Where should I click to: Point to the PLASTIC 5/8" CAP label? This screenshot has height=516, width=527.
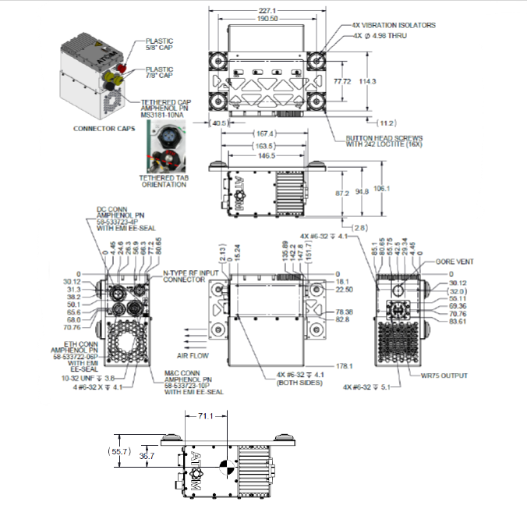pyautogui.click(x=159, y=45)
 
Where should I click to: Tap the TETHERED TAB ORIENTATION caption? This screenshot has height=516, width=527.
pyautogui.click(x=163, y=181)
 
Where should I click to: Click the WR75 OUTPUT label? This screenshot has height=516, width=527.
pyautogui.click(x=445, y=375)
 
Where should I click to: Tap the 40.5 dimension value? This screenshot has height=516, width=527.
pyautogui.click(x=219, y=123)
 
